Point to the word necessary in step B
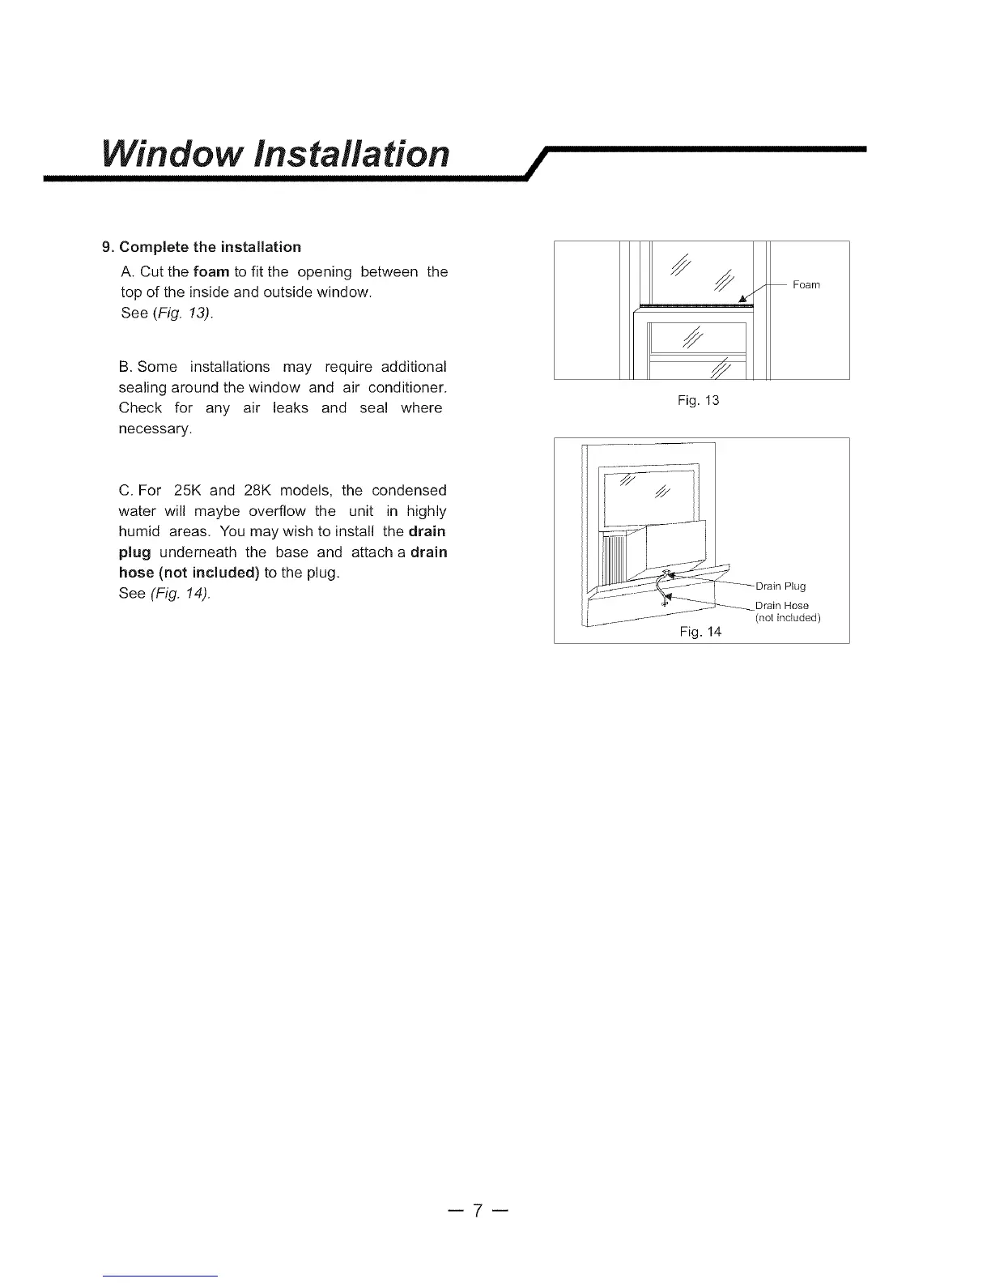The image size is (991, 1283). pyautogui.click(x=155, y=428)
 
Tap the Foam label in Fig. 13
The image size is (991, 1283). pyautogui.click(x=806, y=284)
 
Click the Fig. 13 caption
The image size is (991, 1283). pyautogui.click(x=699, y=401)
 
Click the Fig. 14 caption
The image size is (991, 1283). pyautogui.click(x=700, y=632)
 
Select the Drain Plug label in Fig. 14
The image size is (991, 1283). pyautogui.click(x=780, y=586)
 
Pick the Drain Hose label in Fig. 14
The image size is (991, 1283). pyautogui.click(x=781, y=606)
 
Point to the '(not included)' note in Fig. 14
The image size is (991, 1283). pyautogui.click(x=787, y=619)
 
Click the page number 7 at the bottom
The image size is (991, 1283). pyautogui.click(x=478, y=1211)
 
